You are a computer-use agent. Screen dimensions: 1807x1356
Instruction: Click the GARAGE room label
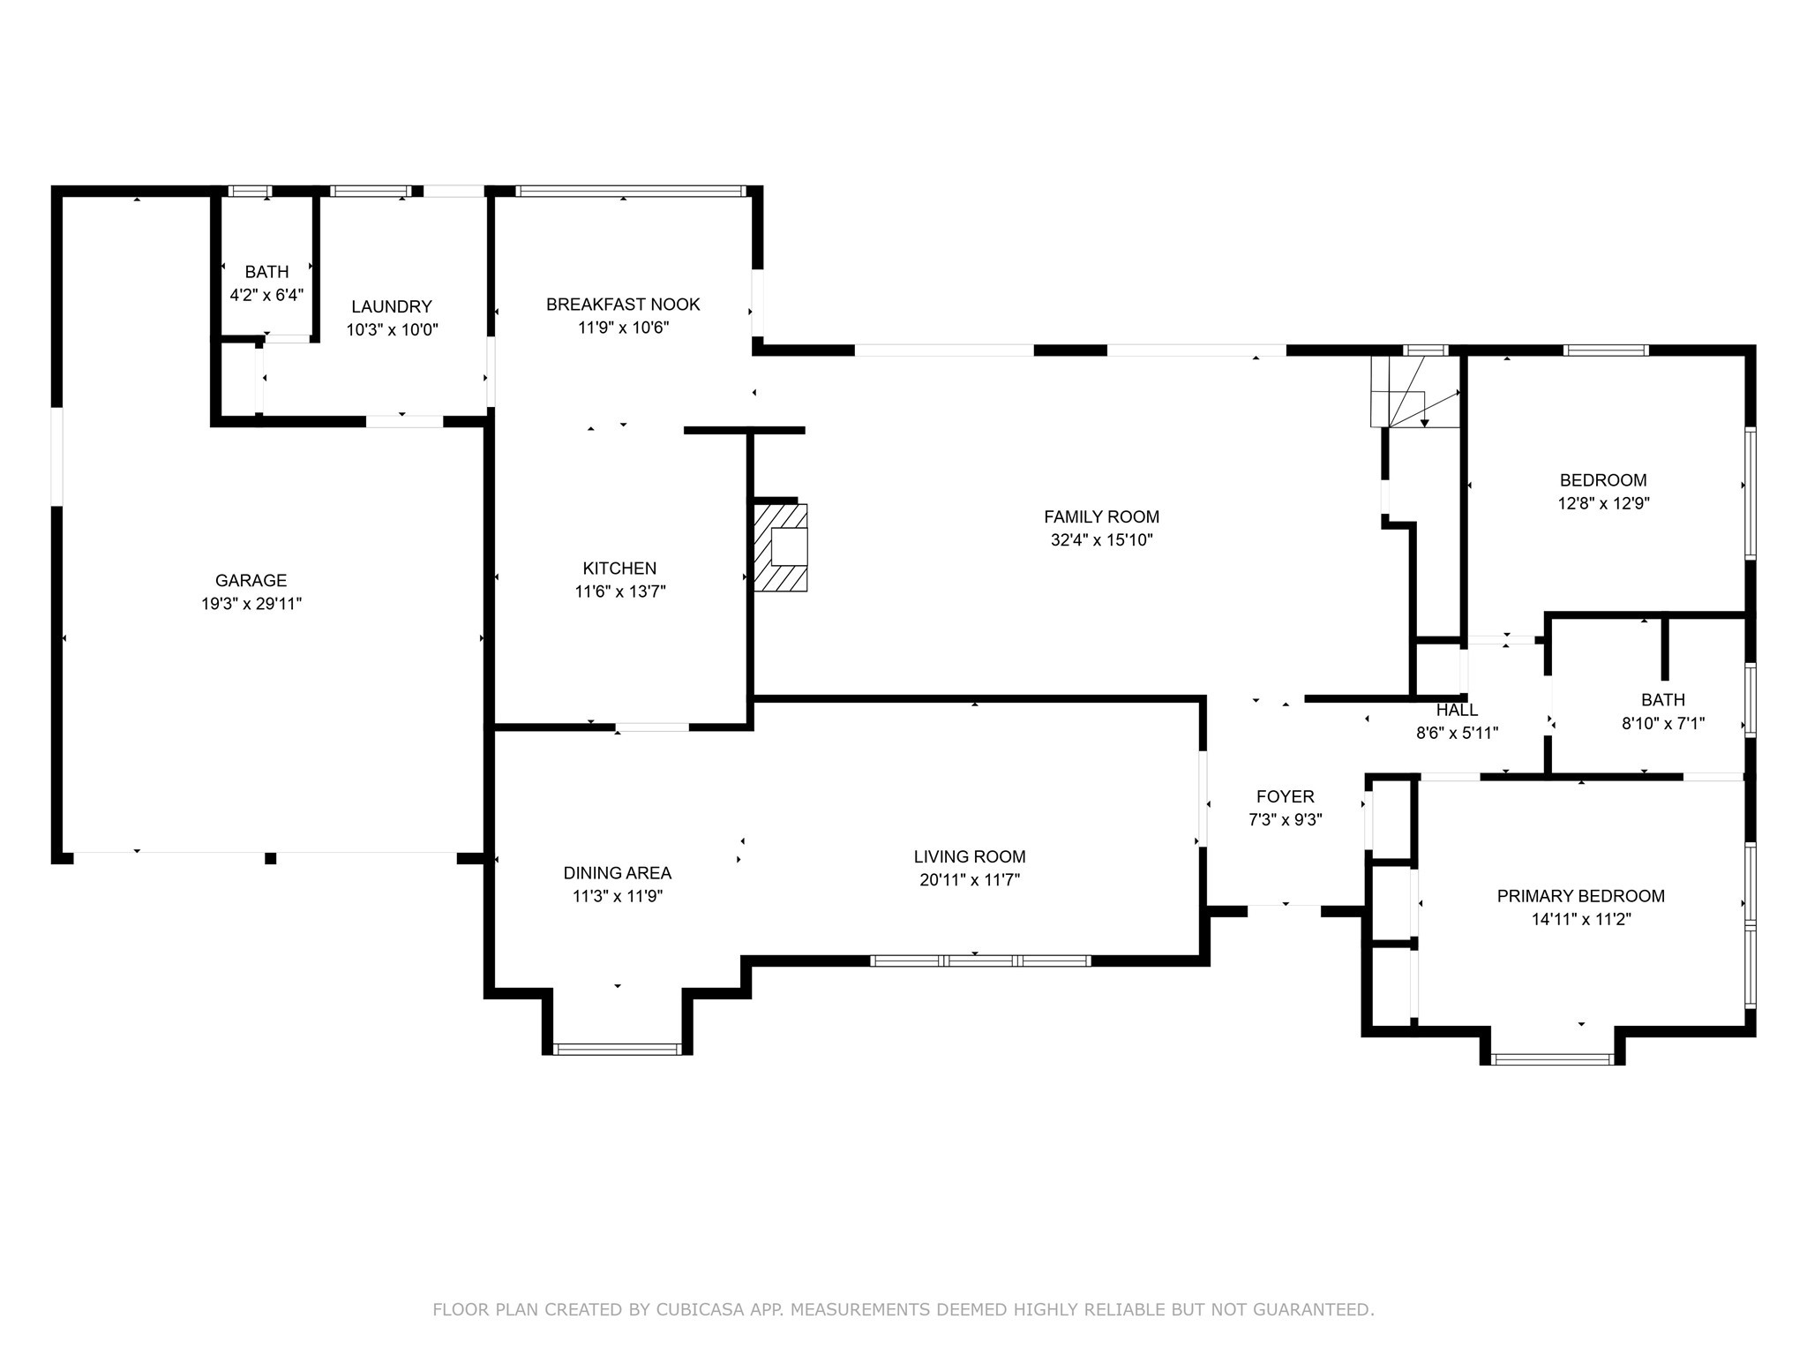251,580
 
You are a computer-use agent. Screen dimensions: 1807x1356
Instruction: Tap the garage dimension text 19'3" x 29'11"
251,604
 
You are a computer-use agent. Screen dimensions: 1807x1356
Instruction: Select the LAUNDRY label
392,306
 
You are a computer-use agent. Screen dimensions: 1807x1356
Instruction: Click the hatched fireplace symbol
780,547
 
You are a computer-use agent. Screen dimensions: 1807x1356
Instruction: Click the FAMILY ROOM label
1101,516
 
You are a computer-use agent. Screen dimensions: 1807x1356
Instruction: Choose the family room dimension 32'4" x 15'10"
1101,540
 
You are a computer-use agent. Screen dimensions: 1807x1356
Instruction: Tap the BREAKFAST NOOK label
623,305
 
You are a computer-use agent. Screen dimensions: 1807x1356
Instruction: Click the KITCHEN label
619,568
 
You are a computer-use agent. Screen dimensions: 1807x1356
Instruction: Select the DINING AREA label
618,873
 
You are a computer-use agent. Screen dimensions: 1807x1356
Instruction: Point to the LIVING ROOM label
970,856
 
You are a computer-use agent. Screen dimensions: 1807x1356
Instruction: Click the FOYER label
1286,796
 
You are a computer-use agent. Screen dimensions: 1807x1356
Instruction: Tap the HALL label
1457,710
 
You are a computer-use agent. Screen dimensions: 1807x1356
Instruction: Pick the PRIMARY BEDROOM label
1581,896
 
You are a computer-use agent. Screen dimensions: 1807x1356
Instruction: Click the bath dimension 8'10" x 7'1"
1663,724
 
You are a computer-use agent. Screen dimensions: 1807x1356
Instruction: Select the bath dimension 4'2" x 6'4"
266,295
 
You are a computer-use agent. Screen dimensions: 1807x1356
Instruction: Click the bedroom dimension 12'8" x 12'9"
1603,504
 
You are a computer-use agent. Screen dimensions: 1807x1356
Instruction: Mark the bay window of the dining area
618,1049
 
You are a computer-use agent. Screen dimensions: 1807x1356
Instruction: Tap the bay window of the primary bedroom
1553,1058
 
